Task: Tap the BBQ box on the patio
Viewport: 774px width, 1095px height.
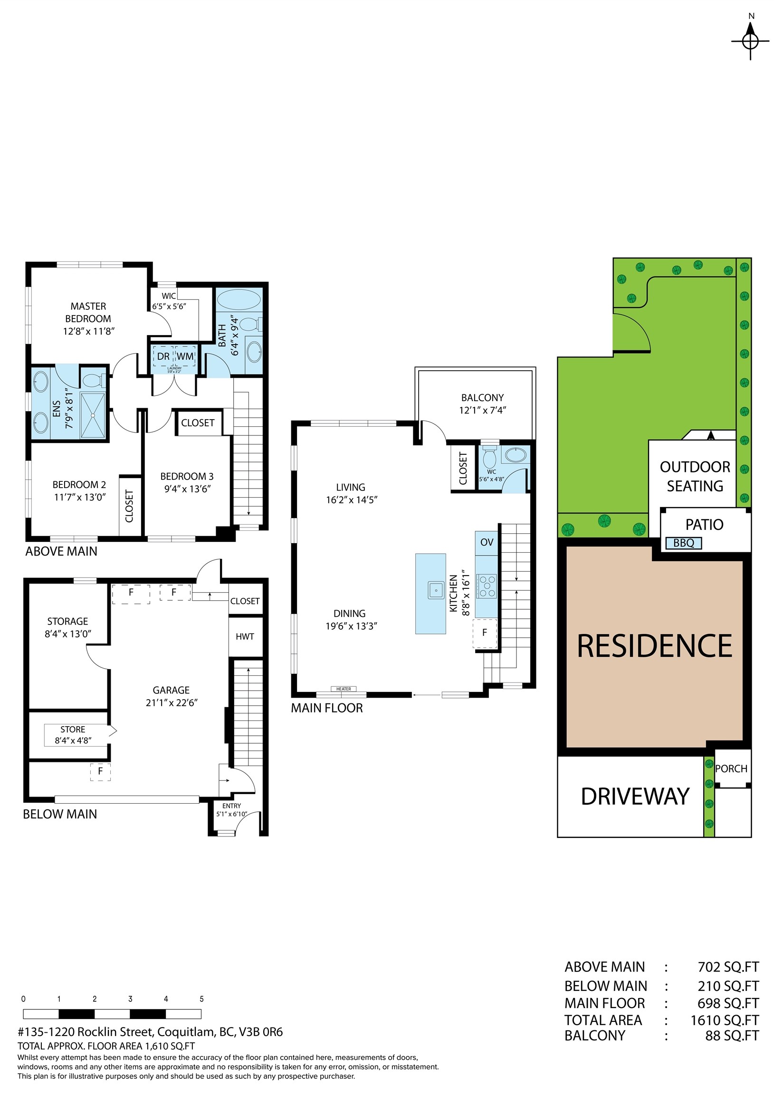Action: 683,543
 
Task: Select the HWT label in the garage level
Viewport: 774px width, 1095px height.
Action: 245,636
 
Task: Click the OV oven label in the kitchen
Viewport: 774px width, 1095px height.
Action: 487,542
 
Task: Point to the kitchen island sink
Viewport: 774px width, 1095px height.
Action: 436,590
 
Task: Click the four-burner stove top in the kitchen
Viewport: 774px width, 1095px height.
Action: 487,586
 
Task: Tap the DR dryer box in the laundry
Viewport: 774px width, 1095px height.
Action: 163,356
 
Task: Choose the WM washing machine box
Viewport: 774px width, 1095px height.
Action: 185,356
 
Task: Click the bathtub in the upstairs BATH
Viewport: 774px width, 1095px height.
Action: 239,299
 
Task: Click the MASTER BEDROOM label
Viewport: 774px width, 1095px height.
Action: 88,312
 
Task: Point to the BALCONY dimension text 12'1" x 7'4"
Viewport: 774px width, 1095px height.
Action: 482,410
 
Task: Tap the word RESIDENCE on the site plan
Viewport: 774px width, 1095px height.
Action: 654,646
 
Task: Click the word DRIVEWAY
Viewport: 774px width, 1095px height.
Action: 635,797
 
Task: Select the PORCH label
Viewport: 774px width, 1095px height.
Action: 731,769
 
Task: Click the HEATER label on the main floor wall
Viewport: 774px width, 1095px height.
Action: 344,689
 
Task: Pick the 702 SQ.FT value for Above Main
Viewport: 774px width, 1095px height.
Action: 728,967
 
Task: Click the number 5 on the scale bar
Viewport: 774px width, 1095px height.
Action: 201,999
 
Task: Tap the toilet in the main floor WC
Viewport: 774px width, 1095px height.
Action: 489,458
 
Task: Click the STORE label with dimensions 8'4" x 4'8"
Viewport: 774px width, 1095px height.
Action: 73,735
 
